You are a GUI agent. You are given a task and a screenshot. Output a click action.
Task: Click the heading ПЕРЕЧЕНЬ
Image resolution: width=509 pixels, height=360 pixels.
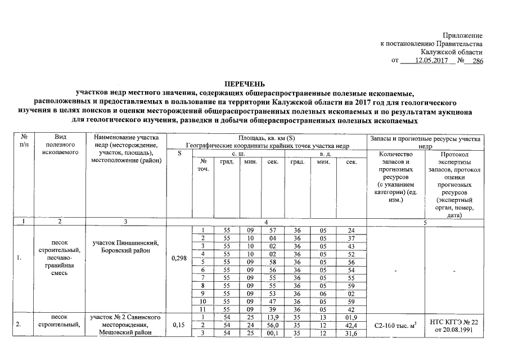click(248, 84)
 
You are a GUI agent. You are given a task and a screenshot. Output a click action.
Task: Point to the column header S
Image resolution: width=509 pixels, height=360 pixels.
click(179, 154)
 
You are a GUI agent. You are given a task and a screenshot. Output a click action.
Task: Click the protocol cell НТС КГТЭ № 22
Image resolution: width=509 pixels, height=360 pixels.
click(453, 322)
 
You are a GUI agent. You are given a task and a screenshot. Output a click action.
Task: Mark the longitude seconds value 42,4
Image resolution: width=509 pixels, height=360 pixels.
click(352, 326)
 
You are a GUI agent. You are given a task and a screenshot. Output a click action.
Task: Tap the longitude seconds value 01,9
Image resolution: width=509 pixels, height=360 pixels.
click(352, 318)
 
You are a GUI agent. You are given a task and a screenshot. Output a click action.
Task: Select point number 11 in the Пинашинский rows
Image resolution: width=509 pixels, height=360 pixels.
click(201, 309)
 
